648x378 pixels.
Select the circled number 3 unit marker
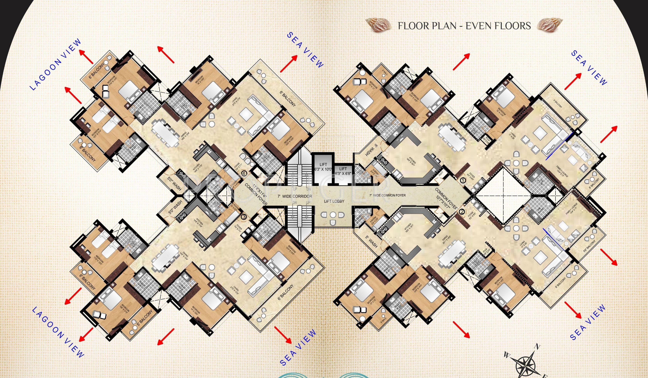coord(244,217)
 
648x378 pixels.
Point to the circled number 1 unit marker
coord(462,180)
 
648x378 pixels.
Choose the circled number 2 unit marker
coord(462,212)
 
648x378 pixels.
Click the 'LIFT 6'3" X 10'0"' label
coord(323,167)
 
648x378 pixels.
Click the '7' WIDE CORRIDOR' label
coord(295,196)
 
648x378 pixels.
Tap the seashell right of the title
coord(548,25)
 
